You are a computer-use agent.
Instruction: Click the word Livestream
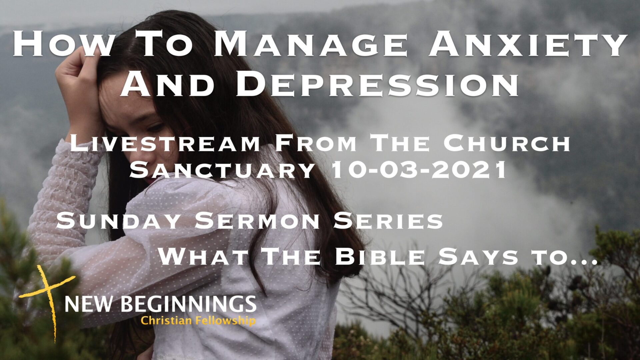165,144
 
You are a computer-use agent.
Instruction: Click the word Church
506,144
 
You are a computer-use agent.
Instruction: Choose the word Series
389,221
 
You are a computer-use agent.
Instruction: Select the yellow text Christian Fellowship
198,321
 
